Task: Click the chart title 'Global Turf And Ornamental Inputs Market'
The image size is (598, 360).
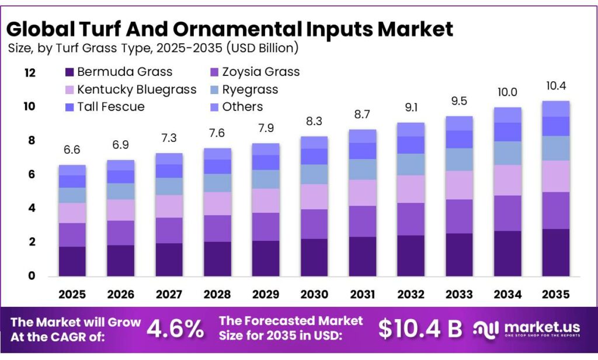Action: coord(230,28)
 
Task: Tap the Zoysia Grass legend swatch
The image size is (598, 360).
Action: coord(214,72)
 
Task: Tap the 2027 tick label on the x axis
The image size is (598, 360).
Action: coord(169,294)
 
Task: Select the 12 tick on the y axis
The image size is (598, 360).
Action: coord(29,73)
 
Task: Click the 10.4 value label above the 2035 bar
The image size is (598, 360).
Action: coord(556,86)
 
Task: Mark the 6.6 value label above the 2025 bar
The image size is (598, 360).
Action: coord(72,150)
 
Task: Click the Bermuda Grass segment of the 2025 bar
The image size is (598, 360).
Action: coord(72,261)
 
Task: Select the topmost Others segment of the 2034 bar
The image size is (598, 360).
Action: coord(507,115)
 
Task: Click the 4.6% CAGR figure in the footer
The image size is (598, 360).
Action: coord(175,329)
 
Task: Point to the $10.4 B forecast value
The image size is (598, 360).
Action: coord(420,329)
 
